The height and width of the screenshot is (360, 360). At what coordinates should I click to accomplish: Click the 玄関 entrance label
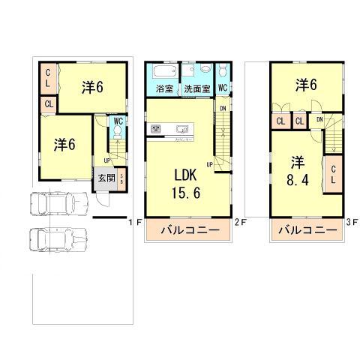[106, 178]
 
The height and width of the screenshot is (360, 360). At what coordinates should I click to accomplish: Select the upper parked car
[56, 203]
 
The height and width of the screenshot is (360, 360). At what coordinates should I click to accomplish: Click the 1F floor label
[132, 222]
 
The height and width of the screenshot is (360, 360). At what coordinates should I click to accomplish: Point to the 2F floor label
[239, 222]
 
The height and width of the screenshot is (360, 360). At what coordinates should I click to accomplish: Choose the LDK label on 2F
[187, 174]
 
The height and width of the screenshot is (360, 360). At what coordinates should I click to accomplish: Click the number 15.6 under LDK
[187, 193]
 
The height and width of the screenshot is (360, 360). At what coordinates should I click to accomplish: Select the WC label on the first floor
[118, 121]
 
